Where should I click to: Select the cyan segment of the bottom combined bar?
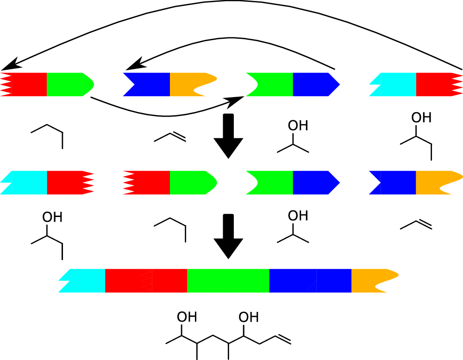tap(86, 280)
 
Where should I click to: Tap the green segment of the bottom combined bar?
tap(228, 280)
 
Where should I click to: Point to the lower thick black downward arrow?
tap(228, 236)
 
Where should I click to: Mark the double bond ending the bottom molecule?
tap(283, 339)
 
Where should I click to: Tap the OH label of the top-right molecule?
tap(421, 118)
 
